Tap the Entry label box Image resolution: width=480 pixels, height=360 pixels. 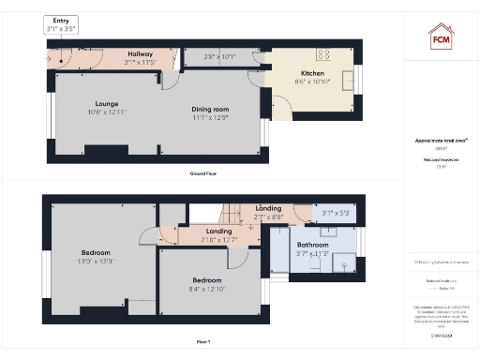(61, 24)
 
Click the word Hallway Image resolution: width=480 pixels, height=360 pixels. (140, 54)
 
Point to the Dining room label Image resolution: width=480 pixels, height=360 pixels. (210, 110)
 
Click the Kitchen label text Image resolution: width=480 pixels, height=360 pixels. (313, 72)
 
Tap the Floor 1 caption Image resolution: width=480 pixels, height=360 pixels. (203, 342)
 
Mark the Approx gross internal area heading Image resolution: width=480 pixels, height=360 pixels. (441, 141)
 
